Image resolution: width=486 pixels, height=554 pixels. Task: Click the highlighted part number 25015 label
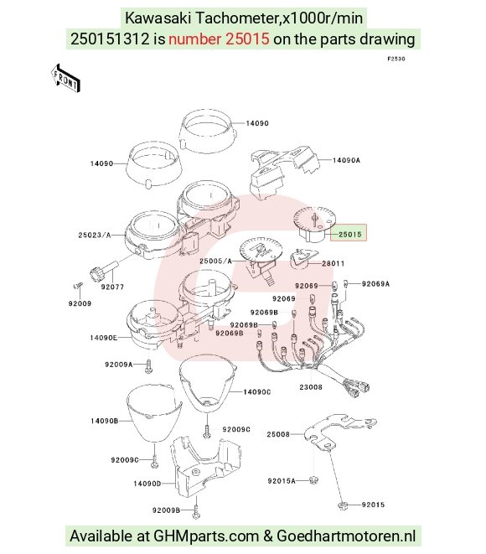coord(349,233)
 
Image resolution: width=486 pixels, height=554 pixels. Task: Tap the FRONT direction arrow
coord(65,79)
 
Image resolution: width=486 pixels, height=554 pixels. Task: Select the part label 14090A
coord(347,160)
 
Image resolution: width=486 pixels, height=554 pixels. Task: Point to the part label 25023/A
coord(95,235)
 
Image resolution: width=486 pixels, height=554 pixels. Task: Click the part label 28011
coord(333,263)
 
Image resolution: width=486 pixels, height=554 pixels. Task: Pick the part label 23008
coord(311,387)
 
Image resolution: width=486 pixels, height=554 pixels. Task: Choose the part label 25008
coord(278,434)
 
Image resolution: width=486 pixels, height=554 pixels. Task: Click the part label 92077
coord(112,287)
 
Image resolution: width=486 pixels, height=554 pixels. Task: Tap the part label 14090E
coord(104,338)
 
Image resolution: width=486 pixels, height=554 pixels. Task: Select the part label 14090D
coord(147,484)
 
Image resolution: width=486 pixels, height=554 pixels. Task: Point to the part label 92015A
coord(282,481)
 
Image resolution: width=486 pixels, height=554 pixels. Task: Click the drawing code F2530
coord(396,59)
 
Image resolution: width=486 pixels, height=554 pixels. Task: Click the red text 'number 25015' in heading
coord(219,39)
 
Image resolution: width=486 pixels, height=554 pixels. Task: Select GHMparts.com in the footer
coord(206,536)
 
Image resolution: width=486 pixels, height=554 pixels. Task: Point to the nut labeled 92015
coord(343,505)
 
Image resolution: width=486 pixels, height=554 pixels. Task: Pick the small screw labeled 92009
coord(79,285)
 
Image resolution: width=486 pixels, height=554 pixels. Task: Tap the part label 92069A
coord(375,284)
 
